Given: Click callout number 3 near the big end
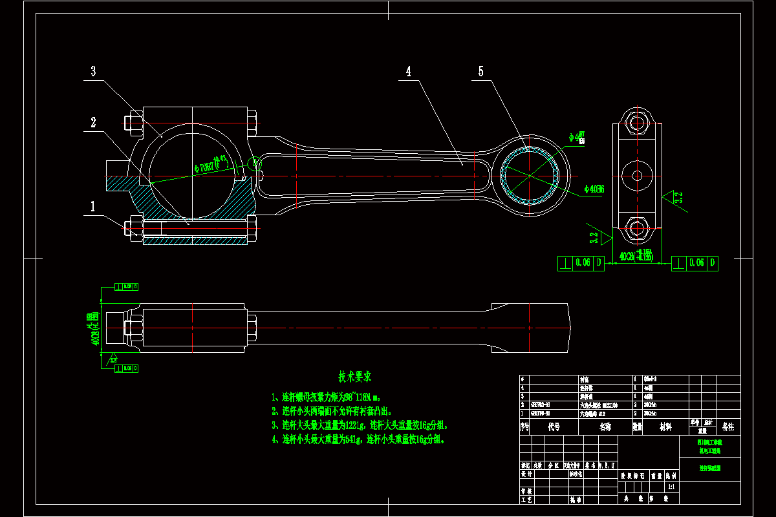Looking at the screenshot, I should click(93, 72).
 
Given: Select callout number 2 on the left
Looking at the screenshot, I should click(93, 122).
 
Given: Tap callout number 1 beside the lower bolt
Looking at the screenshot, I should click(93, 207).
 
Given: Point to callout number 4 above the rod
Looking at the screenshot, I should click(408, 72).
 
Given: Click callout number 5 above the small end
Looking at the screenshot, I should click(480, 72).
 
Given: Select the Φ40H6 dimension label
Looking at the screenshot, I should click(594, 189).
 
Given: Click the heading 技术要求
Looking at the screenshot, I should click(354, 376).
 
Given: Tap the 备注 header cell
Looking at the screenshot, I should click(728, 427).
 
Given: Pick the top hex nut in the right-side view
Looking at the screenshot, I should click(637, 122).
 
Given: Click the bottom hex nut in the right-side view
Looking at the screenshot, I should click(637, 228).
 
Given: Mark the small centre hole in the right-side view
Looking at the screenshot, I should click(637, 175).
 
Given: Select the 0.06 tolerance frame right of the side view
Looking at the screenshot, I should click(695, 263).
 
